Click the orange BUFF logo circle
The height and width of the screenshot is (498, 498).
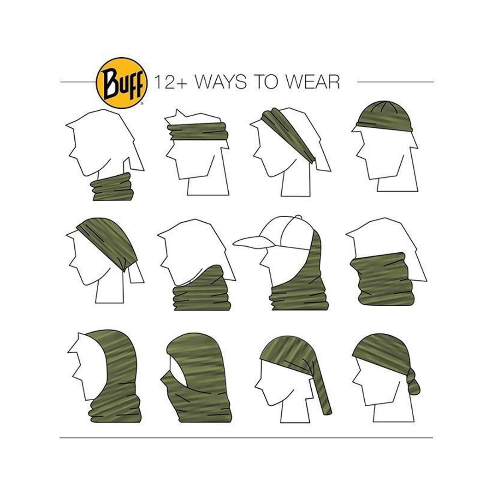[x=122, y=83]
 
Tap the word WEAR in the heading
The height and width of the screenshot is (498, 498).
[x=312, y=82]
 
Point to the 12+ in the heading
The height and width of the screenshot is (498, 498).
[x=171, y=82]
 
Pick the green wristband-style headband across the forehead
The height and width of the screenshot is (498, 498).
[x=198, y=131]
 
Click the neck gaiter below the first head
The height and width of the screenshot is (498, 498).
[x=112, y=187]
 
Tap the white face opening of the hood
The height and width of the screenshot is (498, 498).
[x=90, y=365]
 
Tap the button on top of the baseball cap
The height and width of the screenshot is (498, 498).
[x=298, y=217]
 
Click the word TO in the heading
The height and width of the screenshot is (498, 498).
[x=266, y=82]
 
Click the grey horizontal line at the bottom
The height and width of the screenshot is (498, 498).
[x=246, y=438]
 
